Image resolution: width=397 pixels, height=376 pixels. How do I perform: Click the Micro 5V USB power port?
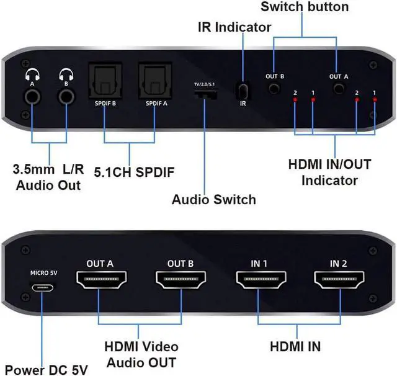43,289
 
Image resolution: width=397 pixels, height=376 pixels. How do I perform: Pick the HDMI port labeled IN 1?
260,284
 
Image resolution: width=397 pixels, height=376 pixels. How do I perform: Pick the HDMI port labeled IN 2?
339,284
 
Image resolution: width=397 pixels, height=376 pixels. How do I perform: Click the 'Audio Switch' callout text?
213,200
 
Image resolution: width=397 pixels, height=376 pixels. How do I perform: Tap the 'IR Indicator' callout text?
234,27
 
